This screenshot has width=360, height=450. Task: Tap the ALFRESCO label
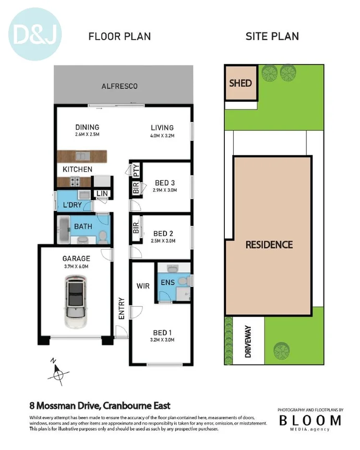(119, 86)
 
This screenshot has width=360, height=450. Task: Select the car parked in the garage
(75, 302)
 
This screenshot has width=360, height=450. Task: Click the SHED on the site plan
(241, 83)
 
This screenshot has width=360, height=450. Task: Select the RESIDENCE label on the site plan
(269, 245)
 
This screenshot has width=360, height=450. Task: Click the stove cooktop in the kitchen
(75, 182)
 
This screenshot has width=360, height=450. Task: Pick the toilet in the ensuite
(182, 281)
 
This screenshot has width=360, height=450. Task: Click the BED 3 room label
(165, 183)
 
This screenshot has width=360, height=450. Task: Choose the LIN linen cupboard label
(101, 194)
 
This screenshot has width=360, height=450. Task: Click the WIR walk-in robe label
(143, 286)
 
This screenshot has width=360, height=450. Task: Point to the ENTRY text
(122, 309)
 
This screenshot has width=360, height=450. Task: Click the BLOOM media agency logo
(310, 420)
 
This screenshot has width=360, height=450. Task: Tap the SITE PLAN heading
(272, 37)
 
